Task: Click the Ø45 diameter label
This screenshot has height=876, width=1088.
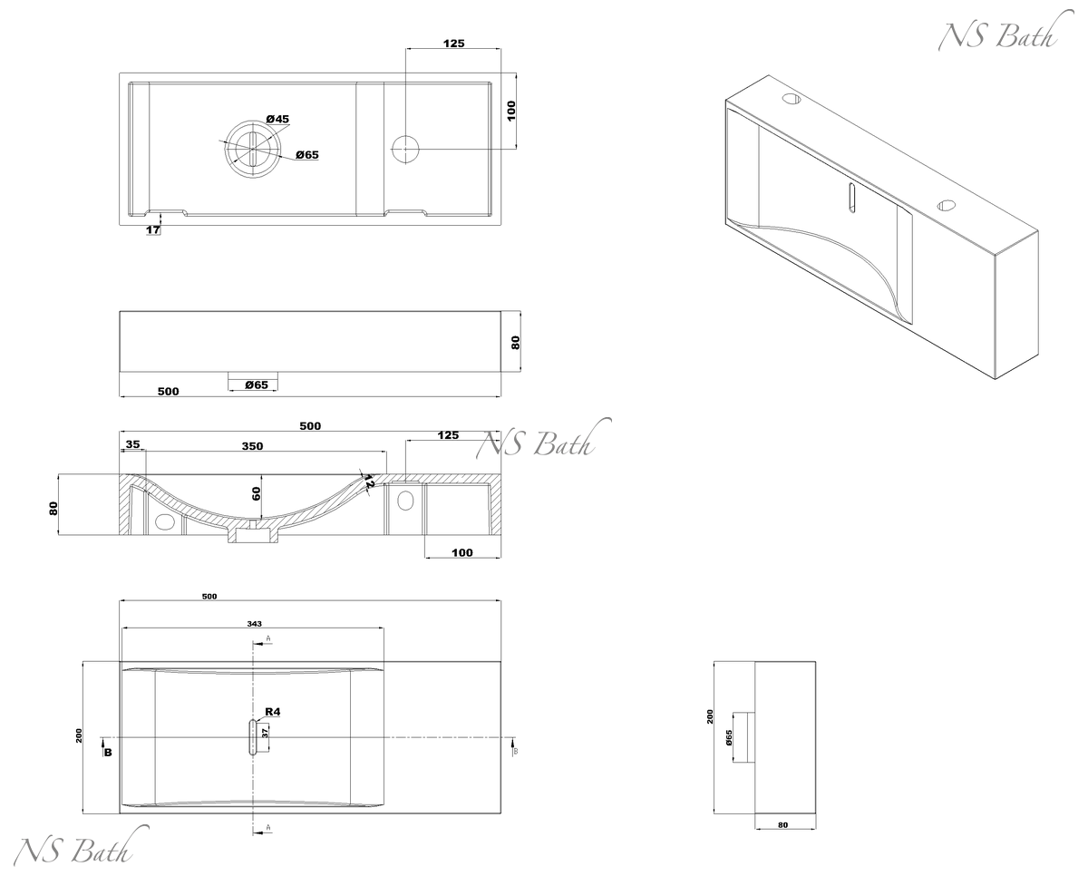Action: point(277,120)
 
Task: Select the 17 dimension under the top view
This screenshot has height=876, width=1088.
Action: point(153,230)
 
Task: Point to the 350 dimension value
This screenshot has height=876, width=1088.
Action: point(252,445)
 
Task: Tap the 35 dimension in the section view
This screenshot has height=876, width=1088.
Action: point(132,444)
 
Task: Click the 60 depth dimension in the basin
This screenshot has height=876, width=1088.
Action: point(257,493)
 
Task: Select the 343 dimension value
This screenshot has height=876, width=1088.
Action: point(254,623)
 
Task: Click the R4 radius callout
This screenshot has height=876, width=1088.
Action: point(272,712)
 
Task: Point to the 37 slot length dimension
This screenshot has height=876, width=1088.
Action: point(265,733)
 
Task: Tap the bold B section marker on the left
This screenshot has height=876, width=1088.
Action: point(108,752)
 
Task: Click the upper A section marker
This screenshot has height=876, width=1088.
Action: point(268,639)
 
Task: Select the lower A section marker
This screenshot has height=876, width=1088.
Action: point(268,828)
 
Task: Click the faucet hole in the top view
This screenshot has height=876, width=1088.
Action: point(404,147)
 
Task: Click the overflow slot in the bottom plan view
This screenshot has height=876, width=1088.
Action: point(251,737)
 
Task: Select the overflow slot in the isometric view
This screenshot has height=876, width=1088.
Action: point(850,197)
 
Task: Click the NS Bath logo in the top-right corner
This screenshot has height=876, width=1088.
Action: point(997,35)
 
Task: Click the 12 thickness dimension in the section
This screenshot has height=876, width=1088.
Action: point(368,484)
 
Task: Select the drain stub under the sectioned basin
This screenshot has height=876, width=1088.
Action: point(252,537)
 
